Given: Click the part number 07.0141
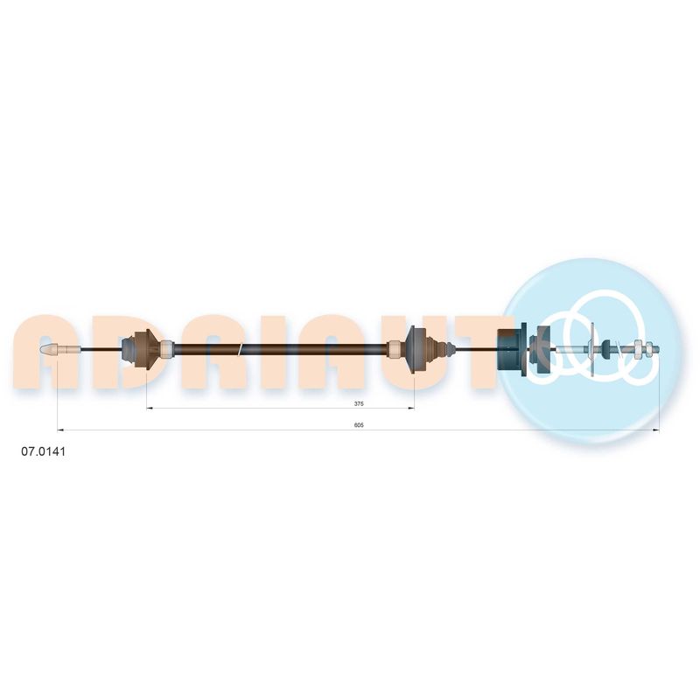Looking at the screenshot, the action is (43, 451).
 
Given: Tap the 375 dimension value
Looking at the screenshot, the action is (359, 403).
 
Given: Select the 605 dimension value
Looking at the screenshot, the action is (359, 425).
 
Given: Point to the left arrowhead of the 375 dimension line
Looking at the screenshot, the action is (150, 408).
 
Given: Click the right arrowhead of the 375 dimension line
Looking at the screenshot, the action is (410, 408).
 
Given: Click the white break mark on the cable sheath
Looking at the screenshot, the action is (241, 349).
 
